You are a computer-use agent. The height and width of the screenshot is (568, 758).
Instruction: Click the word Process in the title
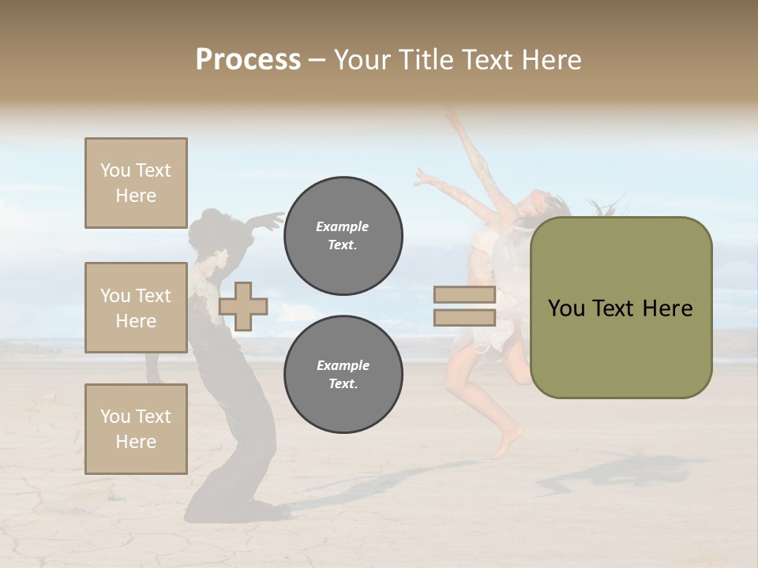point(248,60)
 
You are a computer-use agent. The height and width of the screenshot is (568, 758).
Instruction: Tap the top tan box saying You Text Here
point(136,183)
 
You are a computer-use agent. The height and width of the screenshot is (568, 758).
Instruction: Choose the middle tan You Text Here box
point(136,308)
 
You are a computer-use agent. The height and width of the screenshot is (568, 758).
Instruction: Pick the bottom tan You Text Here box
point(136,428)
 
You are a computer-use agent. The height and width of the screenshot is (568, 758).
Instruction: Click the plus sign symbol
point(243,305)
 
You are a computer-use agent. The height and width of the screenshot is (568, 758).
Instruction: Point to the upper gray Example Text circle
point(343,236)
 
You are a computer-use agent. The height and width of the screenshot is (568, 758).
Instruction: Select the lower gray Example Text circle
point(343,375)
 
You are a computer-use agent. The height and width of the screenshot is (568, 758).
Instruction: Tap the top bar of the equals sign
point(464,294)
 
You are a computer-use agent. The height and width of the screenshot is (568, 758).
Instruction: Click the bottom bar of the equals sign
point(464,317)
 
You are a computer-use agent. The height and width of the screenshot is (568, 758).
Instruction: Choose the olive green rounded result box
point(621,308)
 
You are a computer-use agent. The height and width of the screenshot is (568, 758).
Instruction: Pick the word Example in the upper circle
point(343,226)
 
